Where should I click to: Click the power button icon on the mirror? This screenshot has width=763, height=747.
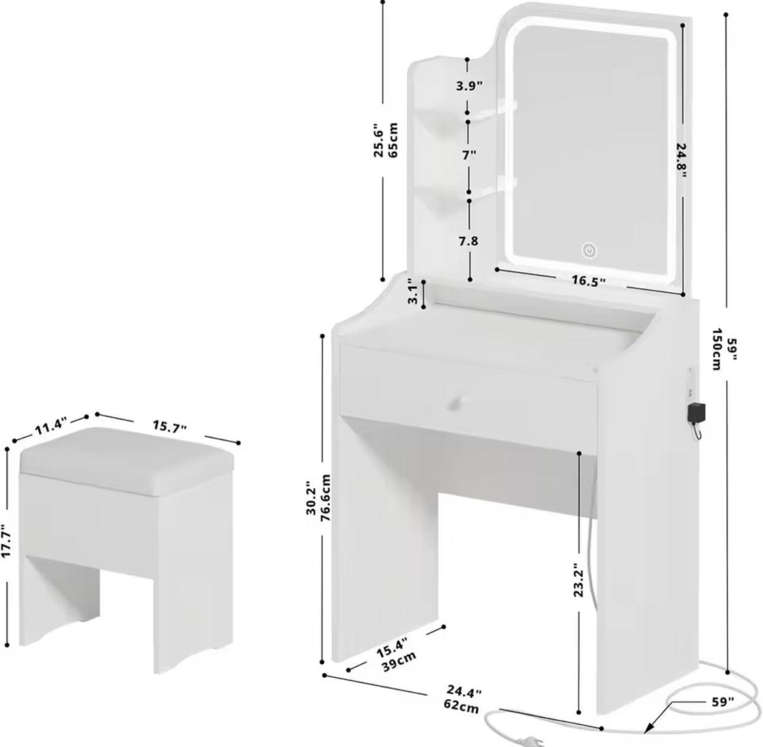point(589,250)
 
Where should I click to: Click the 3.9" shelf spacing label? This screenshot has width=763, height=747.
point(469,85)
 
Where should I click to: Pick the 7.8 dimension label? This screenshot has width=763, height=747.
point(469,241)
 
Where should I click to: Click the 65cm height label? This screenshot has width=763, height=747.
point(393,140)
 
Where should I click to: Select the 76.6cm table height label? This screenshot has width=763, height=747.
point(326,498)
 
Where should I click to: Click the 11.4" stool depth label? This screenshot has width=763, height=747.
point(50,428)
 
